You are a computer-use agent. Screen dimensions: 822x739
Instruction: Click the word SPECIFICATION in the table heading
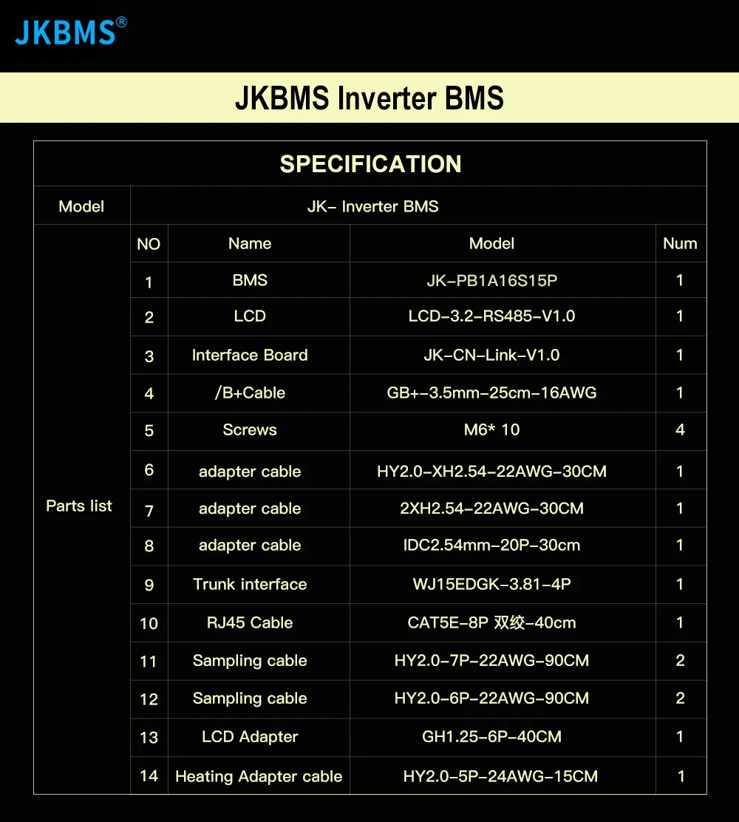[x=370, y=164]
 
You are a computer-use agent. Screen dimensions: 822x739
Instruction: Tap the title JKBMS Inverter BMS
[x=369, y=98]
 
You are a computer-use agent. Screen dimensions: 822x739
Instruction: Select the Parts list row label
[x=79, y=506]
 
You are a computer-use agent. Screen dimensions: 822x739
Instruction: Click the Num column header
[x=680, y=243]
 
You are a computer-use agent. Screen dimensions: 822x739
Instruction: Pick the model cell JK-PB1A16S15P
[x=491, y=280]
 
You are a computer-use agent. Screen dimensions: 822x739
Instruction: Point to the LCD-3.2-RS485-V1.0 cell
[x=491, y=316]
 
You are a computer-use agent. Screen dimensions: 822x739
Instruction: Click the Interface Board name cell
[x=250, y=355]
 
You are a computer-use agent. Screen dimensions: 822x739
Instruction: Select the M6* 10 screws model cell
[x=491, y=429]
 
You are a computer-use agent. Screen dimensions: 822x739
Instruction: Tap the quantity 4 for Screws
[x=680, y=429]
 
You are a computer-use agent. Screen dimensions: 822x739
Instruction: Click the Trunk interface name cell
[x=250, y=584]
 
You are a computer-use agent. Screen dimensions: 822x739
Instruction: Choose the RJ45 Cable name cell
[x=250, y=622]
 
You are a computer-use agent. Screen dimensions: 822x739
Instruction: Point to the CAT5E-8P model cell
[x=491, y=622]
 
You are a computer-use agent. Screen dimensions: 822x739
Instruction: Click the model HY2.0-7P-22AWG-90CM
[x=491, y=661]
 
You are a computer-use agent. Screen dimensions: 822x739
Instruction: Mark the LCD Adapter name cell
[x=250, y=737]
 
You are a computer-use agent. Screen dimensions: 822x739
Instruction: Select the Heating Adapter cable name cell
[x=259, y=776]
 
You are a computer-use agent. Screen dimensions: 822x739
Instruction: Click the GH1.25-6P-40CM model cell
[x=491, y=737]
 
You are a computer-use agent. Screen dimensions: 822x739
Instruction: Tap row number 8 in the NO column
[x=149, y=546]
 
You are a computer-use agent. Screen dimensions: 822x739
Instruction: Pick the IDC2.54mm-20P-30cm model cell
[x=491, y=546]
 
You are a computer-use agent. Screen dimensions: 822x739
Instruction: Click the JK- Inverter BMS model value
[x=372, y=206]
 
